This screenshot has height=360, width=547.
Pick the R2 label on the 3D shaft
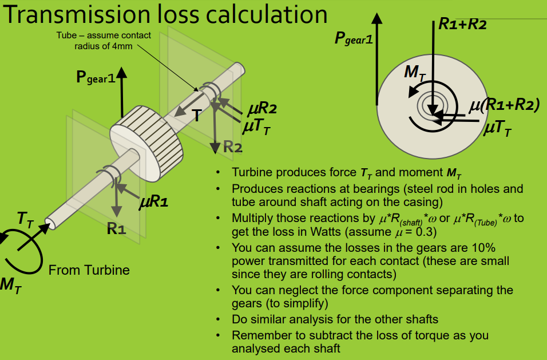click(232, 147)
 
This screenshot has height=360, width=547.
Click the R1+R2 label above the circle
click(462, 24)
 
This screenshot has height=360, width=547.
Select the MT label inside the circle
click(414, 73)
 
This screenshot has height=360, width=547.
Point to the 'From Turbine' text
click(89, 270)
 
